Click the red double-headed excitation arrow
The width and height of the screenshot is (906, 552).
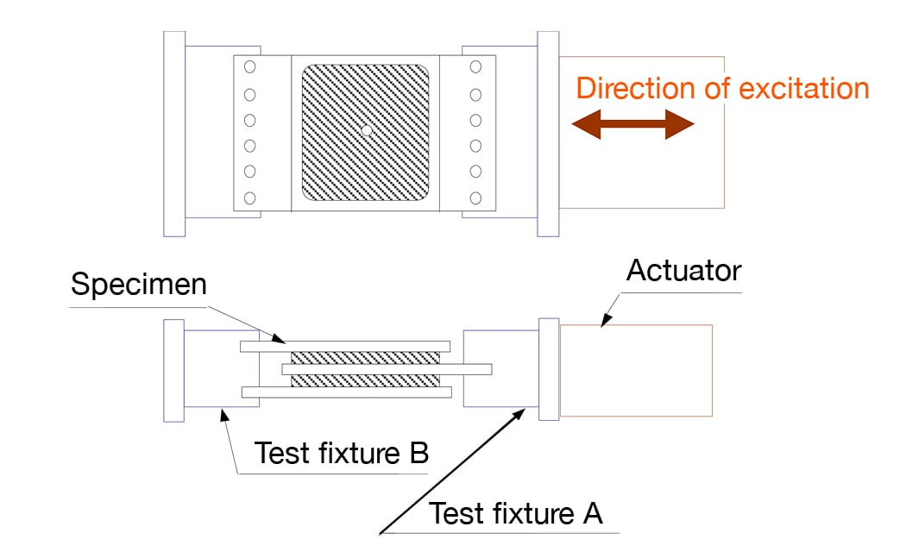click(x=632, y=126)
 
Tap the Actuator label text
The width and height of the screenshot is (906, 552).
click(x=683, y=271)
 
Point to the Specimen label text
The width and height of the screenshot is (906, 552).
click(x=139, y=285)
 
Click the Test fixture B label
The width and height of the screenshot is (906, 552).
click(x=342, y=453)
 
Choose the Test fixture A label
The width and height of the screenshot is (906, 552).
click(x=516, y=513)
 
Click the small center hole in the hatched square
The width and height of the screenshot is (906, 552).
click(x=366, y=130)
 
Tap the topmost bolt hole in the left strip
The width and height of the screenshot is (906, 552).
click(x=249, y=66)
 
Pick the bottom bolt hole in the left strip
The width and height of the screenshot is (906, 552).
click(x=249, y=198)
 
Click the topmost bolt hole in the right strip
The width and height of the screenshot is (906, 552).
click(x=475, y=66)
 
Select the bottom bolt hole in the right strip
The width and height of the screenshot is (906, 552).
click(x=475, y=198)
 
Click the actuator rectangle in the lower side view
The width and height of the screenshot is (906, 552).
click(x=636, y=371)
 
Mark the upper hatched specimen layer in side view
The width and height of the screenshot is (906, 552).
click(x=365, y=358)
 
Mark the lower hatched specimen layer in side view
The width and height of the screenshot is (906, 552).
click(x=365, y=380)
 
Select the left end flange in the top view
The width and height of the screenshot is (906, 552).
click(x=174, y=134)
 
